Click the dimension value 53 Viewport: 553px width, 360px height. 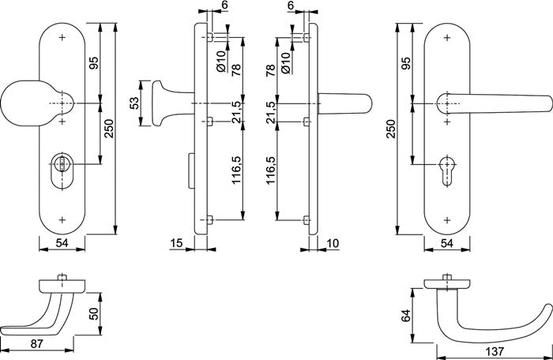(134, 103)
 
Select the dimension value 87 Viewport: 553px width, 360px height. (36, 344)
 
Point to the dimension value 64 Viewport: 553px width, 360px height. (406, 315)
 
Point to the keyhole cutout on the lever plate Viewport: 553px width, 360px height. (447, 169)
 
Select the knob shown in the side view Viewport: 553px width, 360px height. (166, 103)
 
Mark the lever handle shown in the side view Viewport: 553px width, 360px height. (344, 103)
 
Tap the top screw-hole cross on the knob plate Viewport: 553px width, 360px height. (62, 37)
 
